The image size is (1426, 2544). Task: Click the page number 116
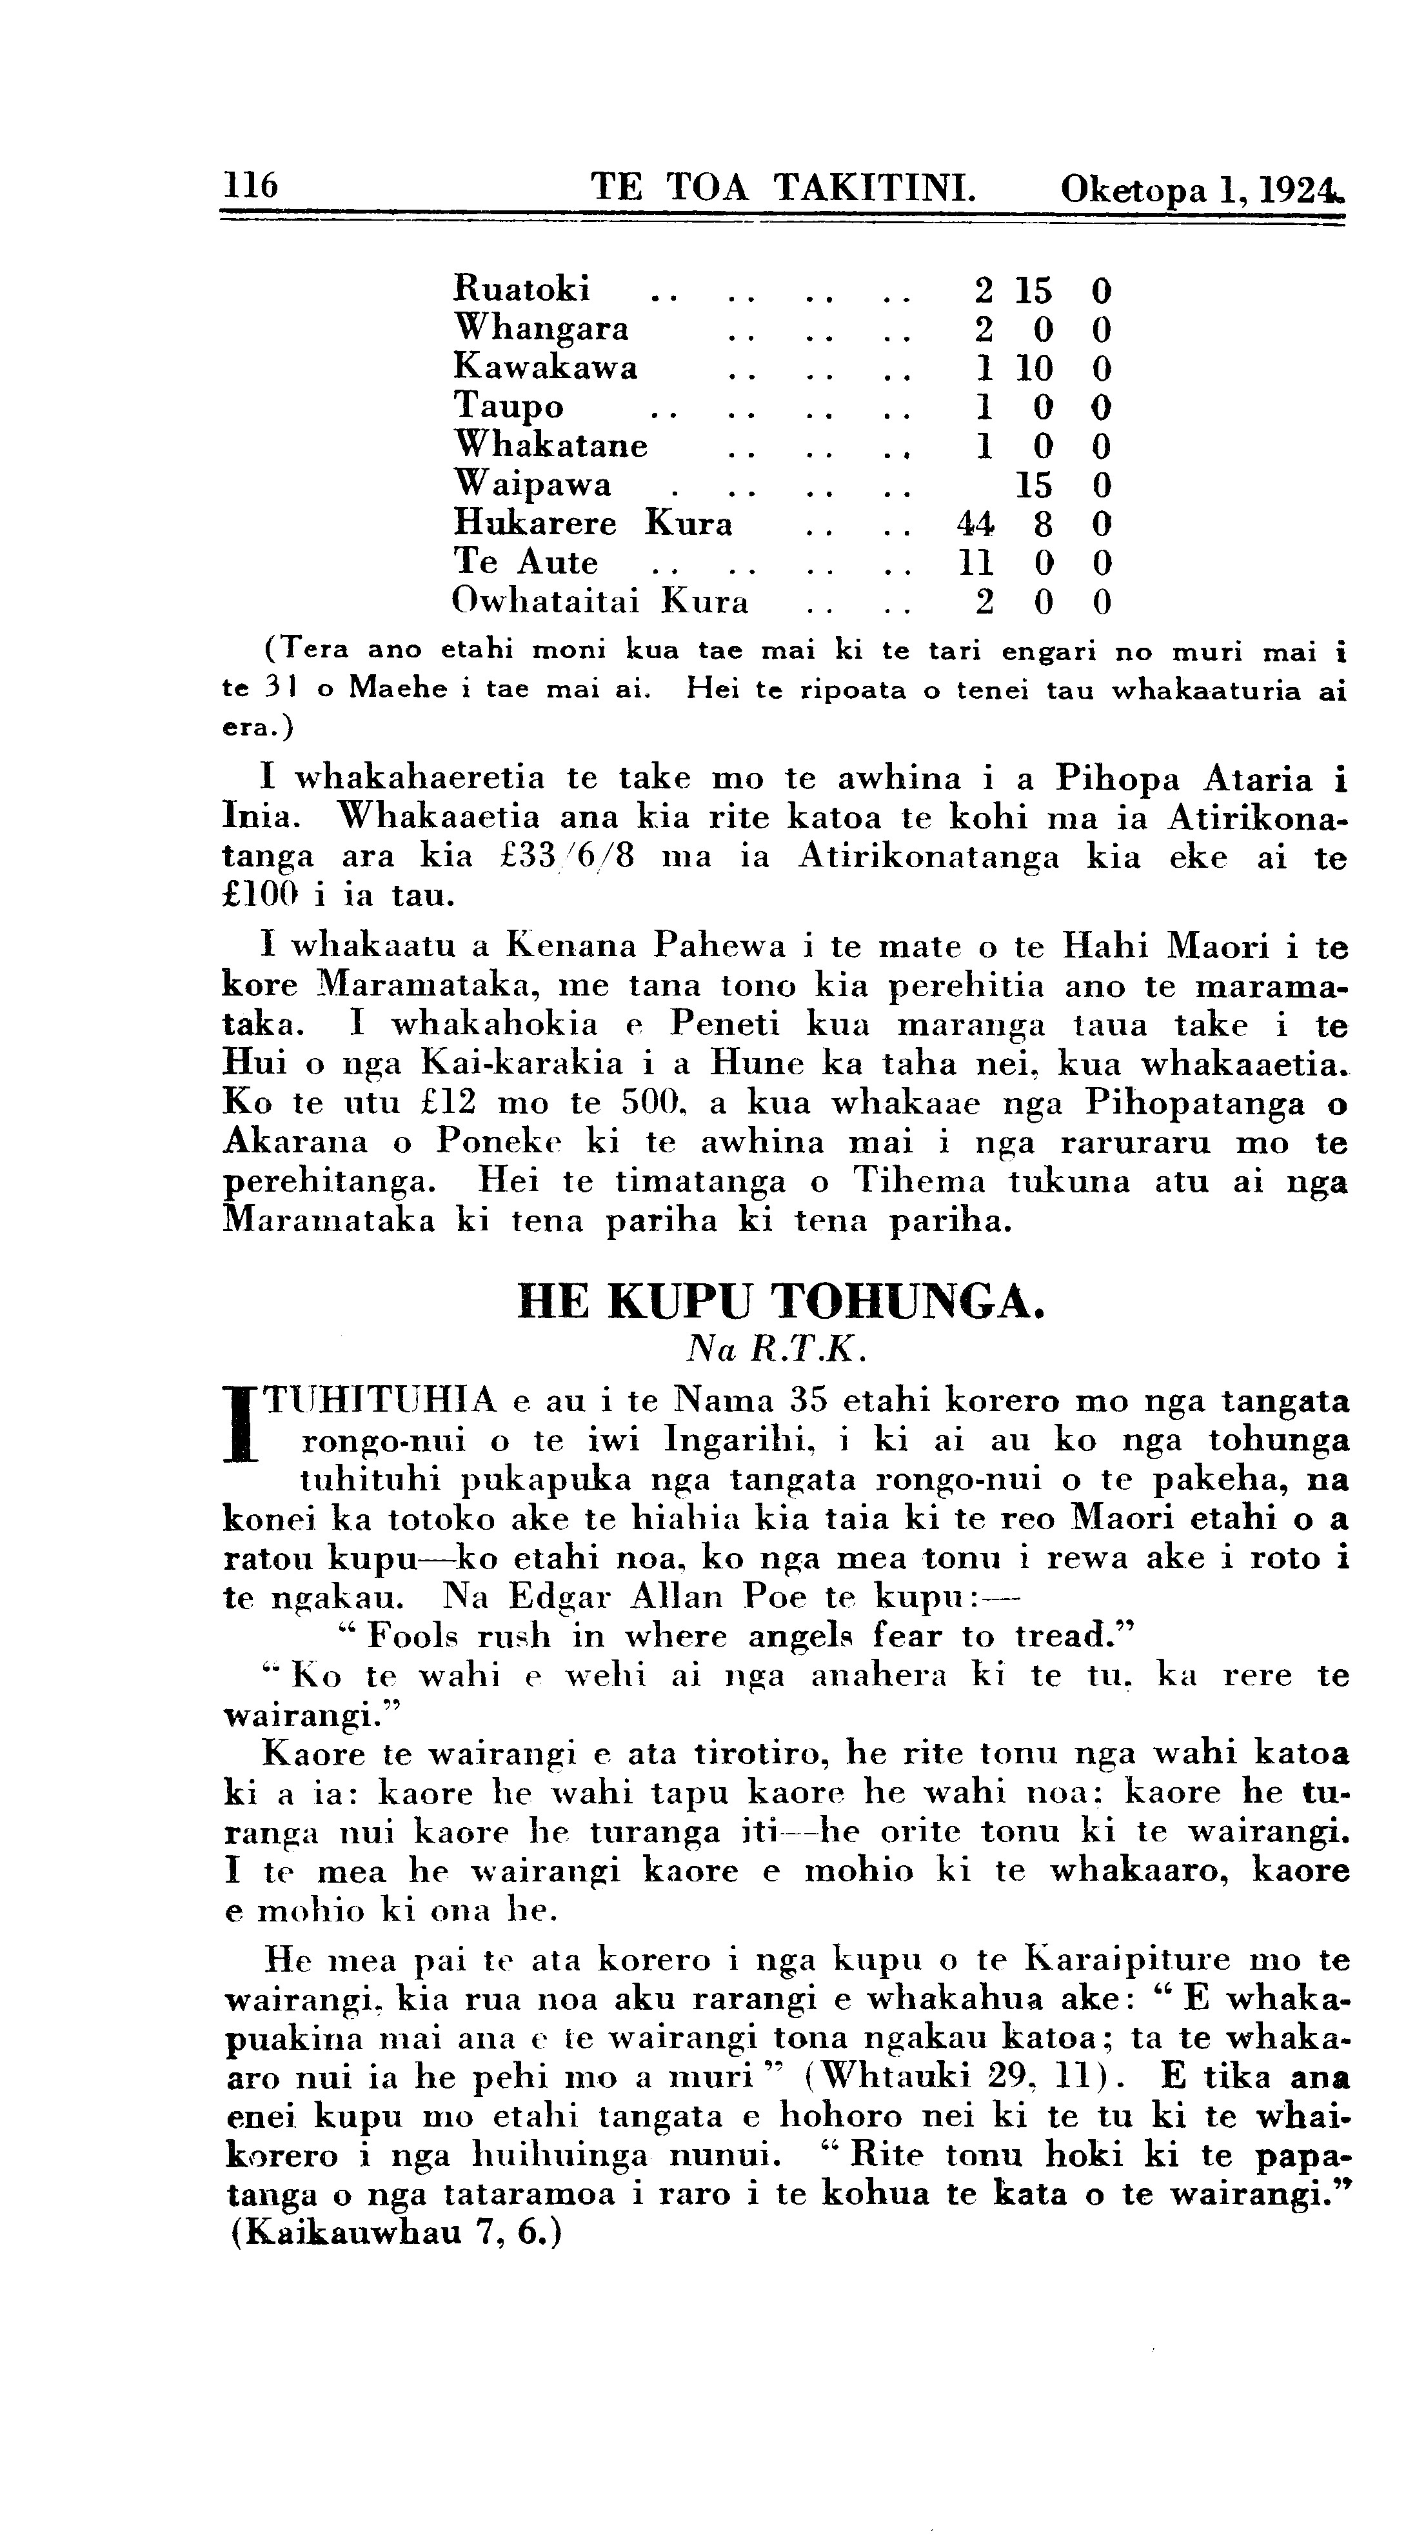[251, 185]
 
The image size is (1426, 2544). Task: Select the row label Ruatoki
[521, 288]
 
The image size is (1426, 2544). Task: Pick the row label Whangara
[540, 328]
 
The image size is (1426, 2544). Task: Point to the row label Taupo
[509, 406]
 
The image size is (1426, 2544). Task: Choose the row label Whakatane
[550, 445]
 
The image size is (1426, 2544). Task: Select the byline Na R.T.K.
[780, 1349]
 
